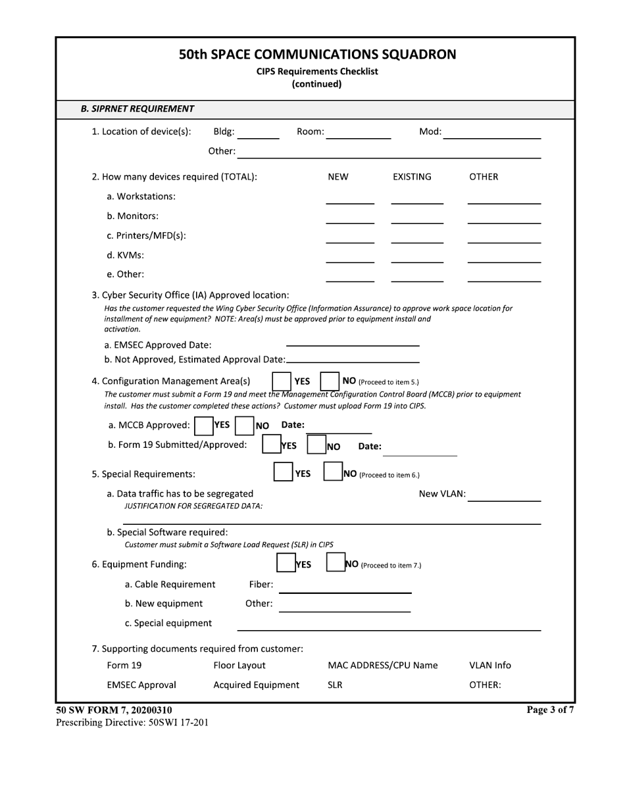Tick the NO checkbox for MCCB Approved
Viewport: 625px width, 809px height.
(x=245, y=426)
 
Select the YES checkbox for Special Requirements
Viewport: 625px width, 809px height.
(x=283, y=472)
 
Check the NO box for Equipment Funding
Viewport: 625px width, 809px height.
(x=336, y=563)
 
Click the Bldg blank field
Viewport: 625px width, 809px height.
(x=258, y=134)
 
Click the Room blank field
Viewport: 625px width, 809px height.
(x=359, y=134)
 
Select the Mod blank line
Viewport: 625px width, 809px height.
(x=492, y=134)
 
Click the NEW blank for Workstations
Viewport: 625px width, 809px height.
(x=350, y=199)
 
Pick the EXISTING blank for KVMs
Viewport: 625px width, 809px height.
(x=417, y=257)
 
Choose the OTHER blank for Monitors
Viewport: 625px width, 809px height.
(x=504, y=218)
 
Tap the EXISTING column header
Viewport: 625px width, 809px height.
(x=412, y=177)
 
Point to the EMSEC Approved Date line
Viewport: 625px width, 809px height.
(x=353, y=341)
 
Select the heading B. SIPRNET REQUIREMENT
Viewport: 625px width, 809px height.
(x=137, y=109)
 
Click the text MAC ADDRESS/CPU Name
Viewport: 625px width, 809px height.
(x=382, y=666)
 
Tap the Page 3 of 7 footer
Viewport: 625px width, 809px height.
(x=550, y=710)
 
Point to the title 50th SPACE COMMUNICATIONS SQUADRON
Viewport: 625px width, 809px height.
(x=317, y=55)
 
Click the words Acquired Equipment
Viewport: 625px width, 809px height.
(x=256, y=685)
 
